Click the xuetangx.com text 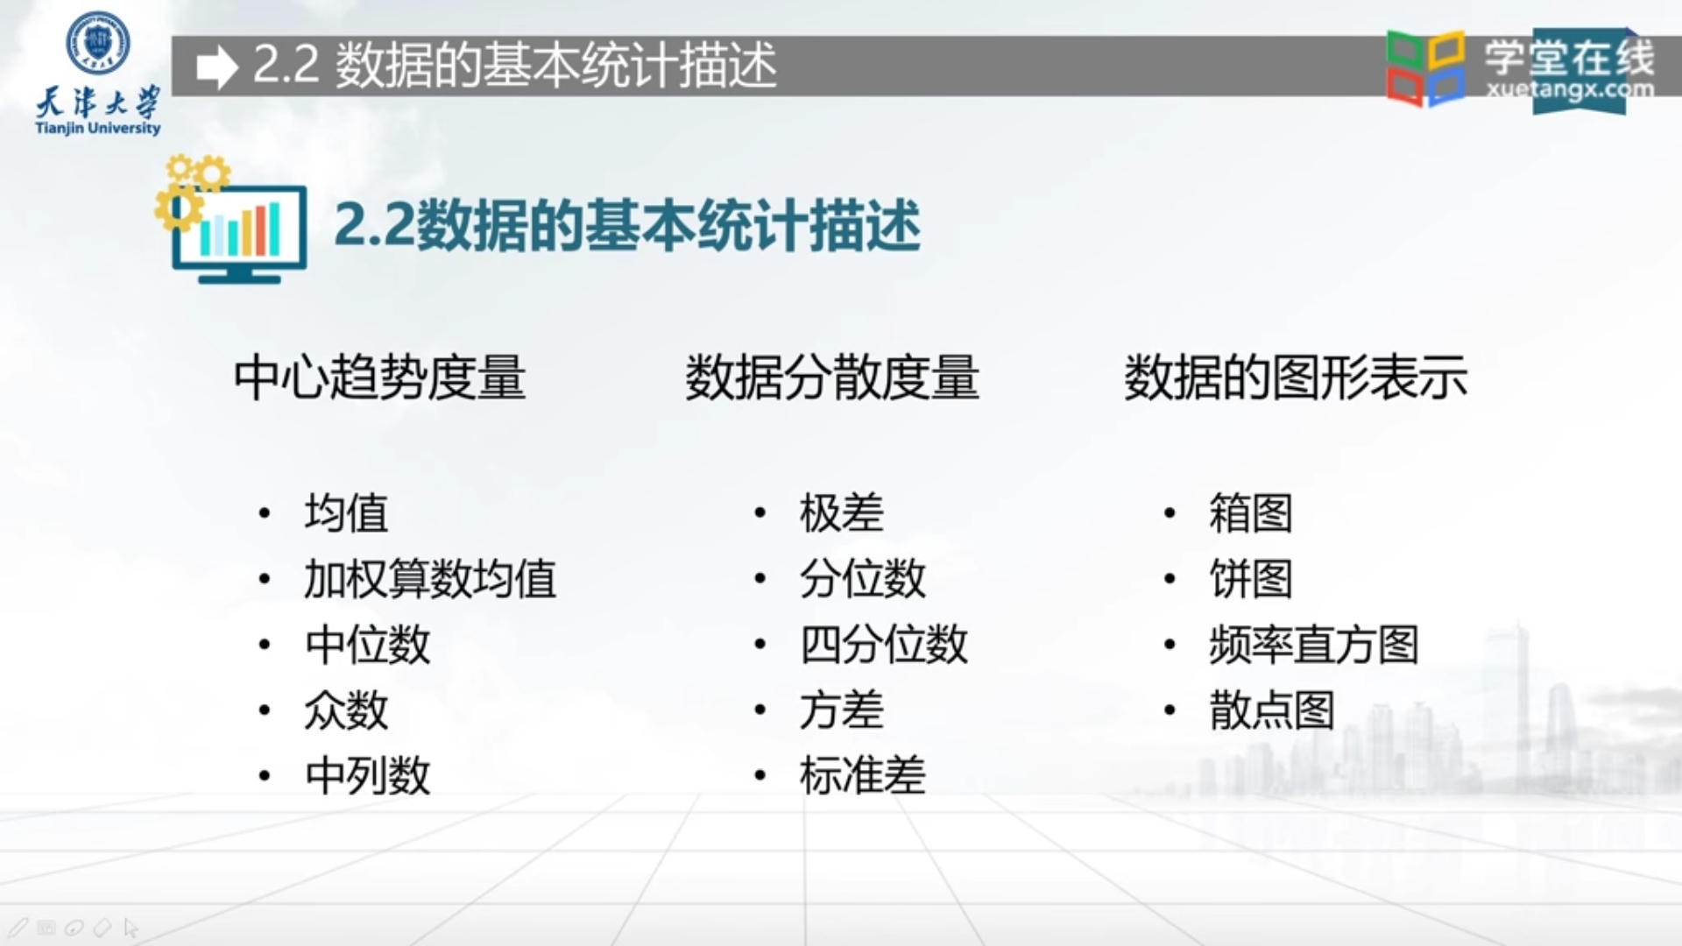(1570, 89)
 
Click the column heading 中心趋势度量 (379, 378)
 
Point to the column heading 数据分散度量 (831, 378)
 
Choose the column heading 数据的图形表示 (1295, 378)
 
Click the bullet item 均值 (346, 513)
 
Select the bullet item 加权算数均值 (429, 579)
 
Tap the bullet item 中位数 (367, 645)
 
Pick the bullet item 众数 (346, 710)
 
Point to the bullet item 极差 (841, 513)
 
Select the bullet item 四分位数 (883, 645)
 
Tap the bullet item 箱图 (1250, 513)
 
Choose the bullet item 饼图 (1250, 579)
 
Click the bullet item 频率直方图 (1313, 645)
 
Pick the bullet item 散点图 (1271, 710)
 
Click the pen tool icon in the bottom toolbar (18, 928)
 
